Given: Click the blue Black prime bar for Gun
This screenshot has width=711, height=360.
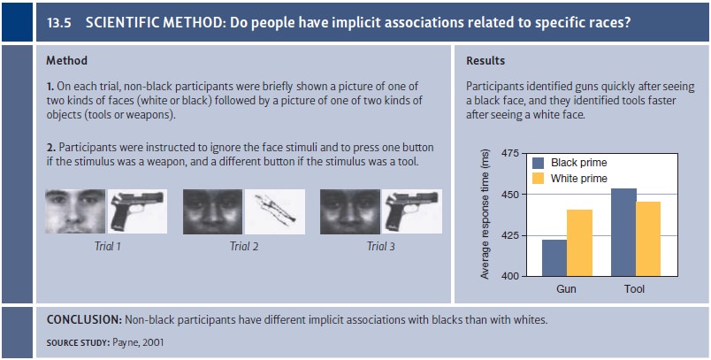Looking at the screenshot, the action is coord(554,257).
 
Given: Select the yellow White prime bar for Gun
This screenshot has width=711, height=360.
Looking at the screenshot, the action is coord(579,242).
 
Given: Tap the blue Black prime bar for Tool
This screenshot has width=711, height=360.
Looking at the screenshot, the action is coord(623,232).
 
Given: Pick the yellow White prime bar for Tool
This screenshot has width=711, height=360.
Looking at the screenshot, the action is coord(648,239).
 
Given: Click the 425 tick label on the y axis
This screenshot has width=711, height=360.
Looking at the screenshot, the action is coord(510,236).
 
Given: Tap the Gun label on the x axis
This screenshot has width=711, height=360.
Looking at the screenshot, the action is coord(566,289).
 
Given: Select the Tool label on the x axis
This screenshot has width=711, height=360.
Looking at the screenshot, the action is coord(634,289).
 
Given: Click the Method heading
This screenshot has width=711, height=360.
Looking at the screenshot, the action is coord(66,60).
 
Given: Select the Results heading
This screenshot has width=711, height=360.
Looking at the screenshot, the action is coord(485,60).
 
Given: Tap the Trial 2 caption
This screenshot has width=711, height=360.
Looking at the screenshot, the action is coord(244,246).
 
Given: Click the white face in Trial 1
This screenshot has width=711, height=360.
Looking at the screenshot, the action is coord(75,211).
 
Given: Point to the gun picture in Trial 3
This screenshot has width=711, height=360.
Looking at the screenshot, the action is coord(412,211).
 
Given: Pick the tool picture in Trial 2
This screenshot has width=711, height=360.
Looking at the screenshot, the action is coord(275,211).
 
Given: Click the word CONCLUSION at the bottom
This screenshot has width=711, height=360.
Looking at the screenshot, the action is coord(84,319).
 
